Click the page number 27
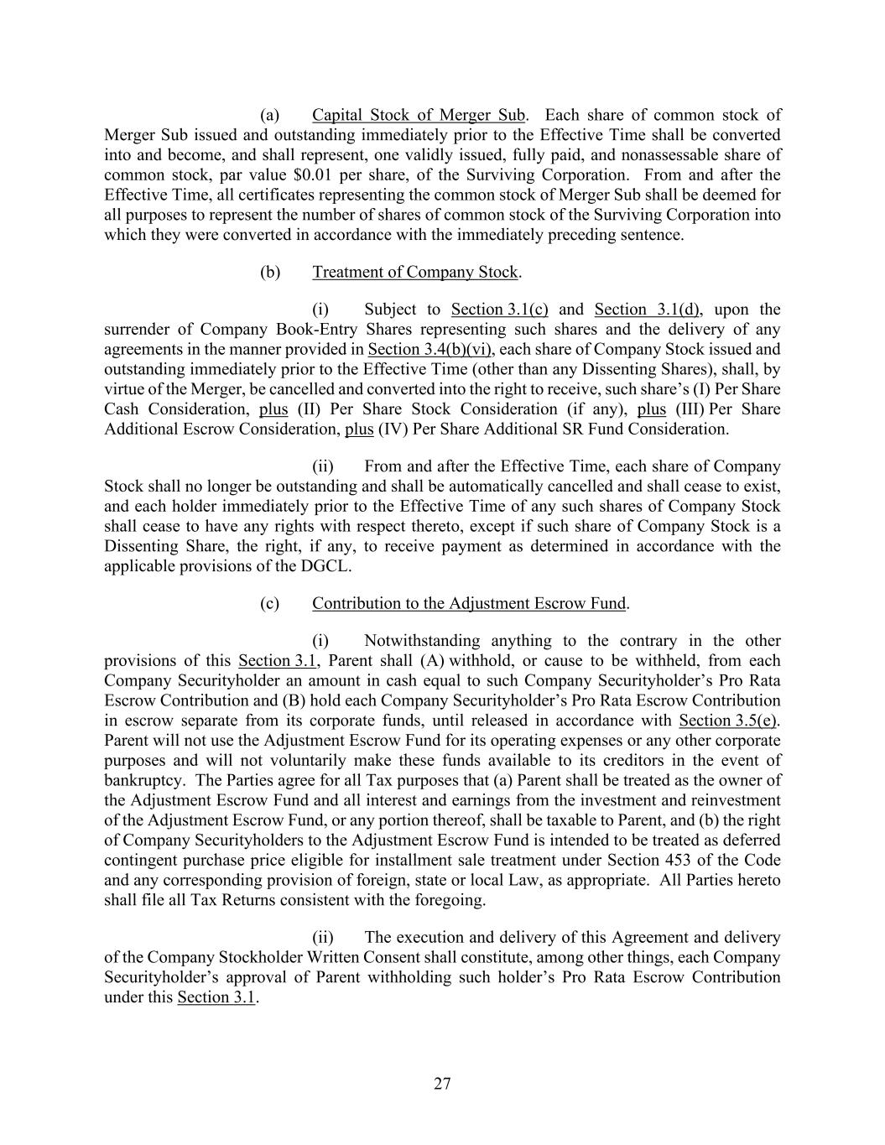pyautogui.click(x=442, y=1084)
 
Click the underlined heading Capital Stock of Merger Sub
pyautogui.click(x=419, y=115)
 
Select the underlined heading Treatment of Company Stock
pyautogui.click(x=415, y=272)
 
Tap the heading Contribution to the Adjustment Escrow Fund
pyautogui.click(x=469, y=603)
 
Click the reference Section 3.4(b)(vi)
pyautogui.click(x=429, y=349)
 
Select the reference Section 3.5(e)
pyautogui.click(x=728, y=720)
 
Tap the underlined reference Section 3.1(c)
pyautogui.click(x=499, y=309)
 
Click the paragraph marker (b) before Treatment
pyautogui.click(x=269, y=272)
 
